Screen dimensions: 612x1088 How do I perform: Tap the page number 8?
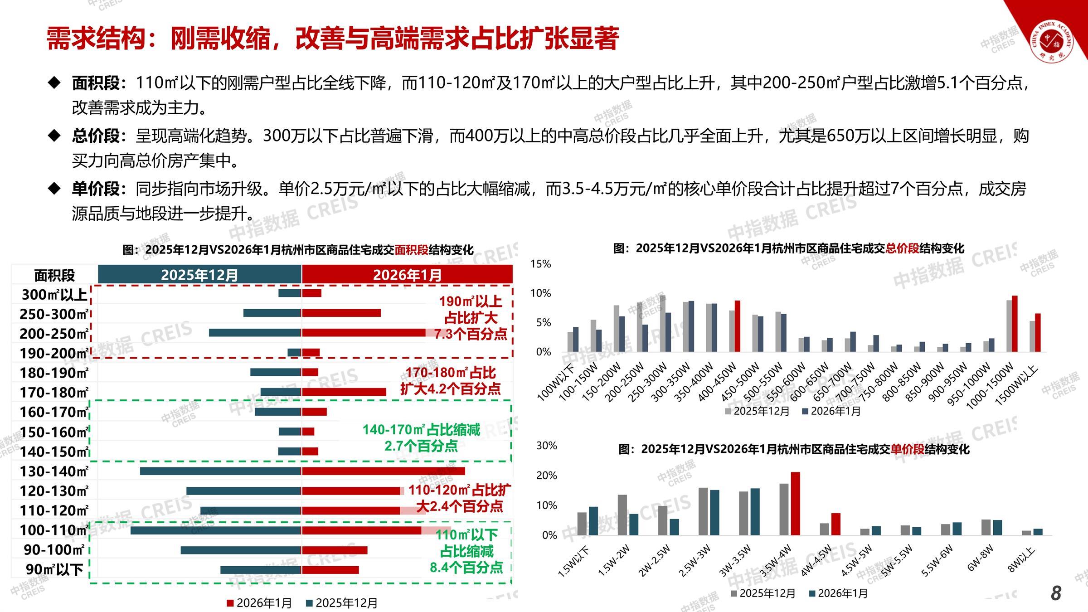1056,593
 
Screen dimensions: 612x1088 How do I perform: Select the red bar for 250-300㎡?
341,313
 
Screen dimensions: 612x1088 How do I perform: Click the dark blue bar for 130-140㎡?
220,471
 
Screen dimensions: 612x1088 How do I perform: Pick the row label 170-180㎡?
54,392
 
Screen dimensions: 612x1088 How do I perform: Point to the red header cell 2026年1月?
407,275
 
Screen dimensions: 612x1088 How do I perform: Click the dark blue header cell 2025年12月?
199,275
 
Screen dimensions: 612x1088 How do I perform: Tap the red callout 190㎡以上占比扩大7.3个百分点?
471,318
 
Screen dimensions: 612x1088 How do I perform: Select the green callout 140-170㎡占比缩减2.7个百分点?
421,437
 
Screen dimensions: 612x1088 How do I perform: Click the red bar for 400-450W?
738,326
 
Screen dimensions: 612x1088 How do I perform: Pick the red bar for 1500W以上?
1038,332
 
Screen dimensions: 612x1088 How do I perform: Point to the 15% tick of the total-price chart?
540,264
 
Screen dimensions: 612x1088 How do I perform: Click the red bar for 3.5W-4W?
796,503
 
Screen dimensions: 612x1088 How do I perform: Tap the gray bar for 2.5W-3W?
703,511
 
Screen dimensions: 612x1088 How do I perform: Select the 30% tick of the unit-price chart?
546,446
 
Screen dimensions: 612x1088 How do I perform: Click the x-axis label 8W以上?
1023,560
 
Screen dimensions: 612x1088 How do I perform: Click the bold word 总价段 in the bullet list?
96,136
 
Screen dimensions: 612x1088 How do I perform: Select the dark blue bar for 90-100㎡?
241,550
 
